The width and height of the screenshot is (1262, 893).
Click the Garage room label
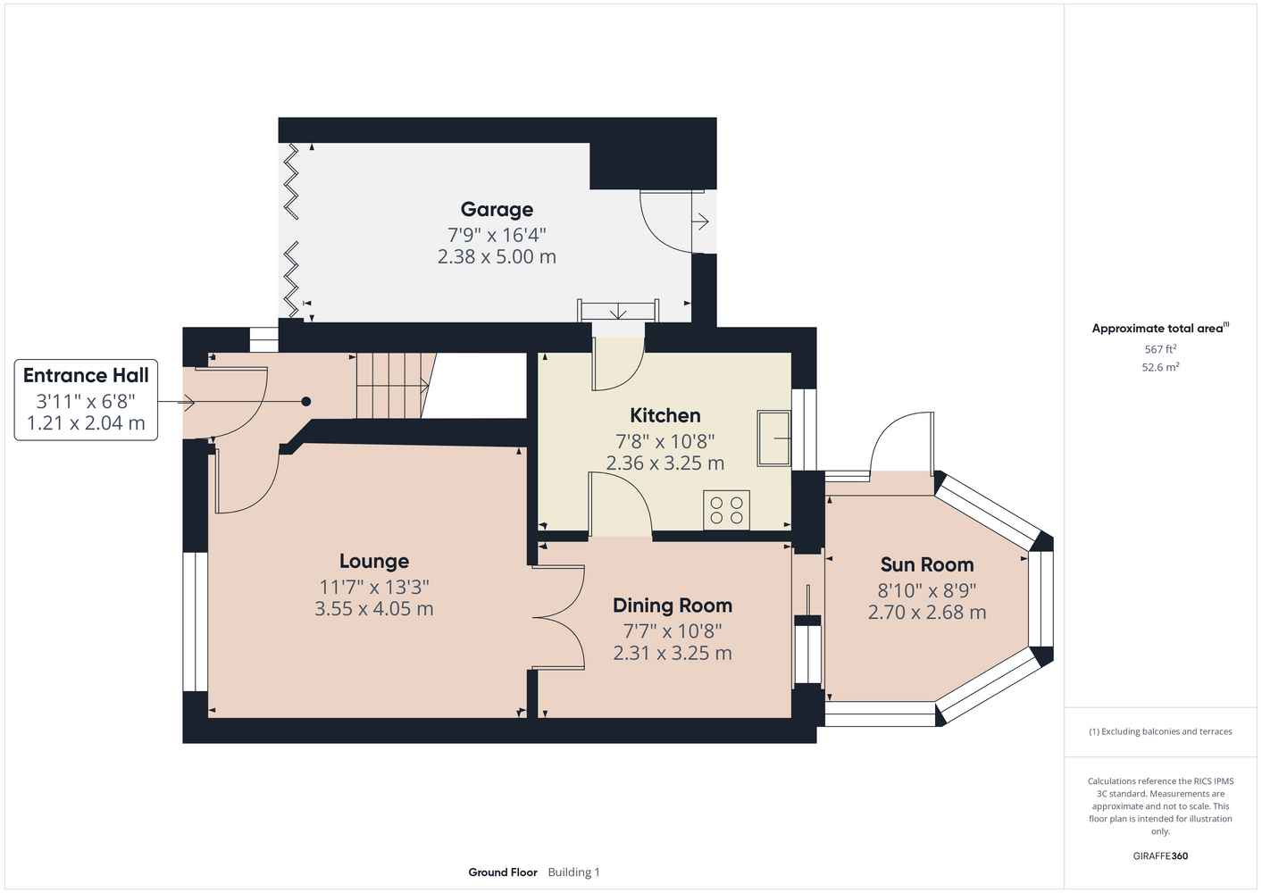(497, 210)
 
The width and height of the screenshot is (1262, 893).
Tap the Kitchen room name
(664, 416)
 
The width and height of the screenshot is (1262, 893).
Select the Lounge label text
(374, 561)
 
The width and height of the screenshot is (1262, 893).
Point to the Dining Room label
(673, 605)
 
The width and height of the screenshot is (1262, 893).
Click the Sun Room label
(927, 564)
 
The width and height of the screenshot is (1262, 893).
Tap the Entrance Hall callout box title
(86, 375)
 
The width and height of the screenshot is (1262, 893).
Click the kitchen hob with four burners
(726, 510)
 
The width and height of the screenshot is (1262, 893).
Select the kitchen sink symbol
(773, 438)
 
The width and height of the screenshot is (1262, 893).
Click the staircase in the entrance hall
(396, 386)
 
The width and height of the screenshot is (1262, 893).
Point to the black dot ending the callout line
(306, 402)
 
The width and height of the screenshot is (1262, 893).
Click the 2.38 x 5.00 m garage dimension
(497, 257)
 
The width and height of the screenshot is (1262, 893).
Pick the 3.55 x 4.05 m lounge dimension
(374, 609)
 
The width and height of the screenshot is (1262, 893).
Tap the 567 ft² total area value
(1160, 349)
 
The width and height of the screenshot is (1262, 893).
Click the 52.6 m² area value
(1160, 367)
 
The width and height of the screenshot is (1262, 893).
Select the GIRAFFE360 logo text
(1160, 855)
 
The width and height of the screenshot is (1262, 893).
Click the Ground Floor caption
(503, 872)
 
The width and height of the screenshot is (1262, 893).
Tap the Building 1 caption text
(573, 872)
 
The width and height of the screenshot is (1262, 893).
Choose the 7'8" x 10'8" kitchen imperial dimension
(664, 440)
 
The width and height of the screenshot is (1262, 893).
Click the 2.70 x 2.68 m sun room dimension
(927, 613)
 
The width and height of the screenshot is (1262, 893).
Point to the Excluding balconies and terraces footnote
(1160, 731)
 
